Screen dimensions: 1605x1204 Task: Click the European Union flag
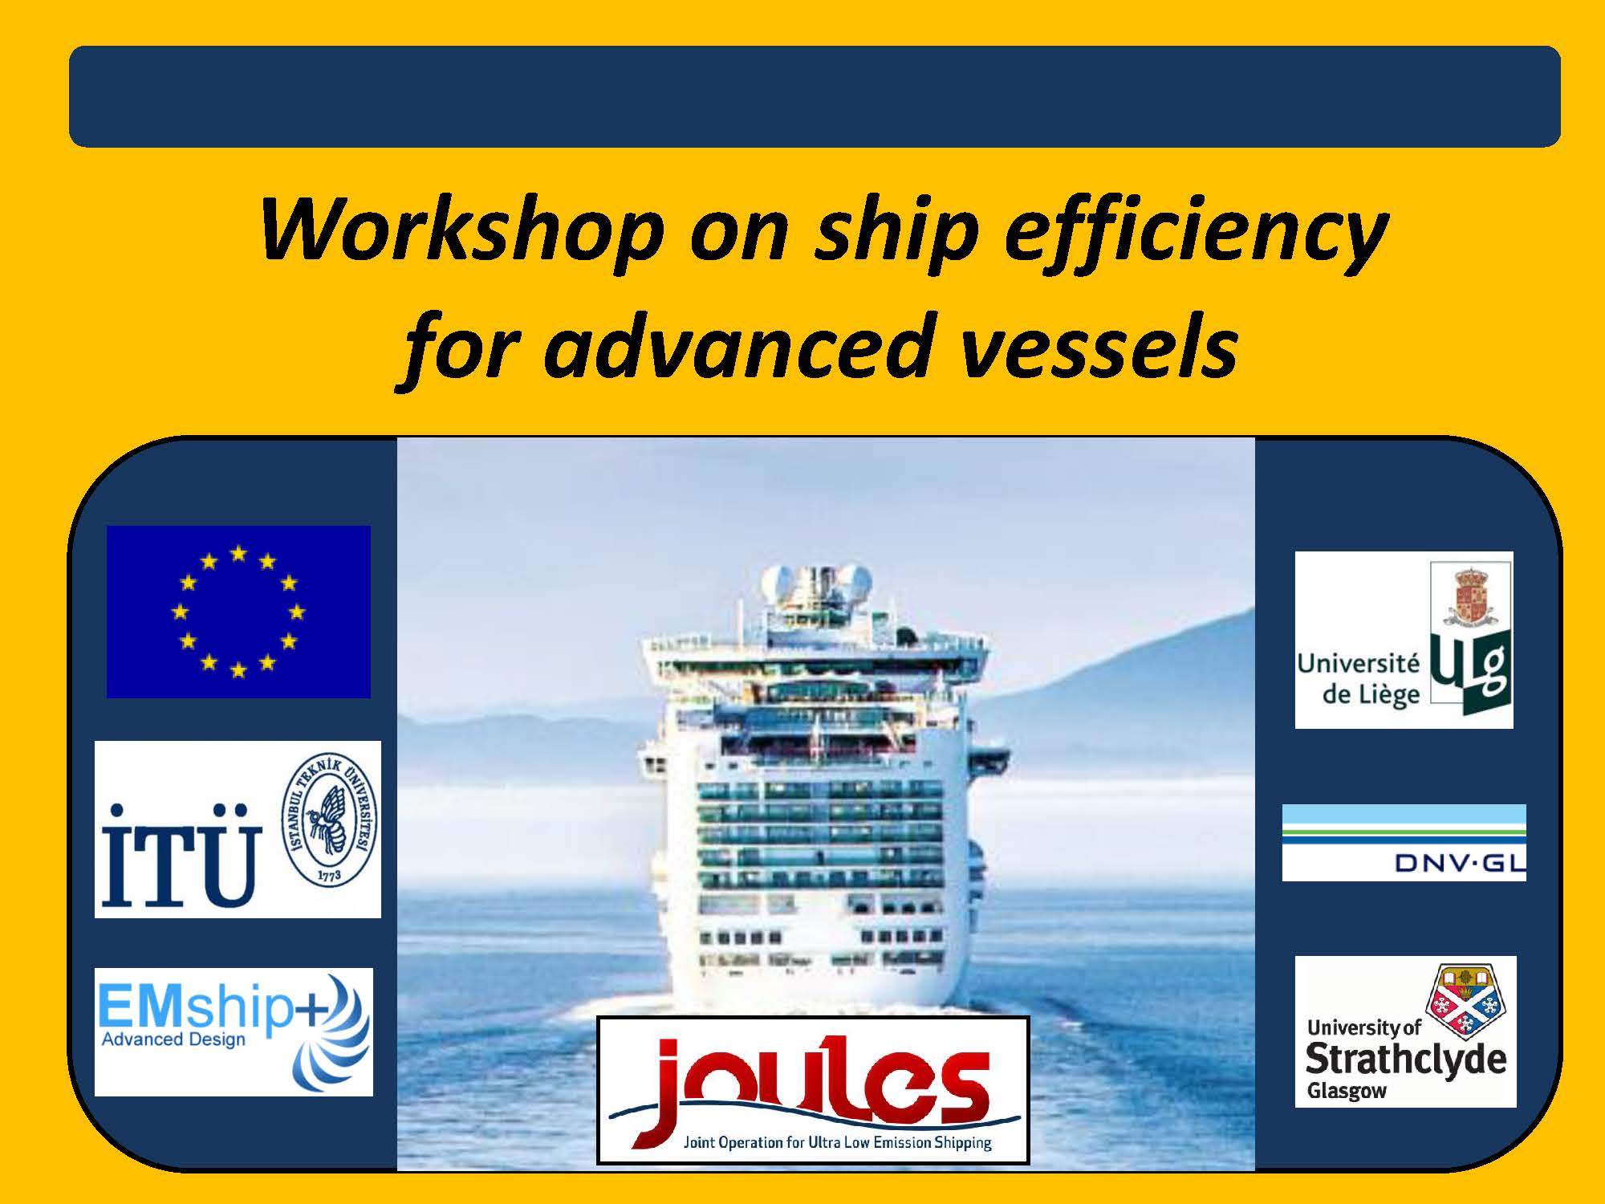coord(238,612)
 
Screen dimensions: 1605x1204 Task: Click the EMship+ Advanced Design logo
coord(234,1031)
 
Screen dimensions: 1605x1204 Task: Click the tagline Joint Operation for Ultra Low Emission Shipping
coord(837,1143)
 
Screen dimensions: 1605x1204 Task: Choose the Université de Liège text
coord(1359,679)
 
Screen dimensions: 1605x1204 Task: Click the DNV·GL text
coord(1460,863)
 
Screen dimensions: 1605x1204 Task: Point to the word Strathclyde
coord(1406,1060)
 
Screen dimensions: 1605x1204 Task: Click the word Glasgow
coord(1347,1092)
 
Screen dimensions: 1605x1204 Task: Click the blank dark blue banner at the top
coord(815,96)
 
